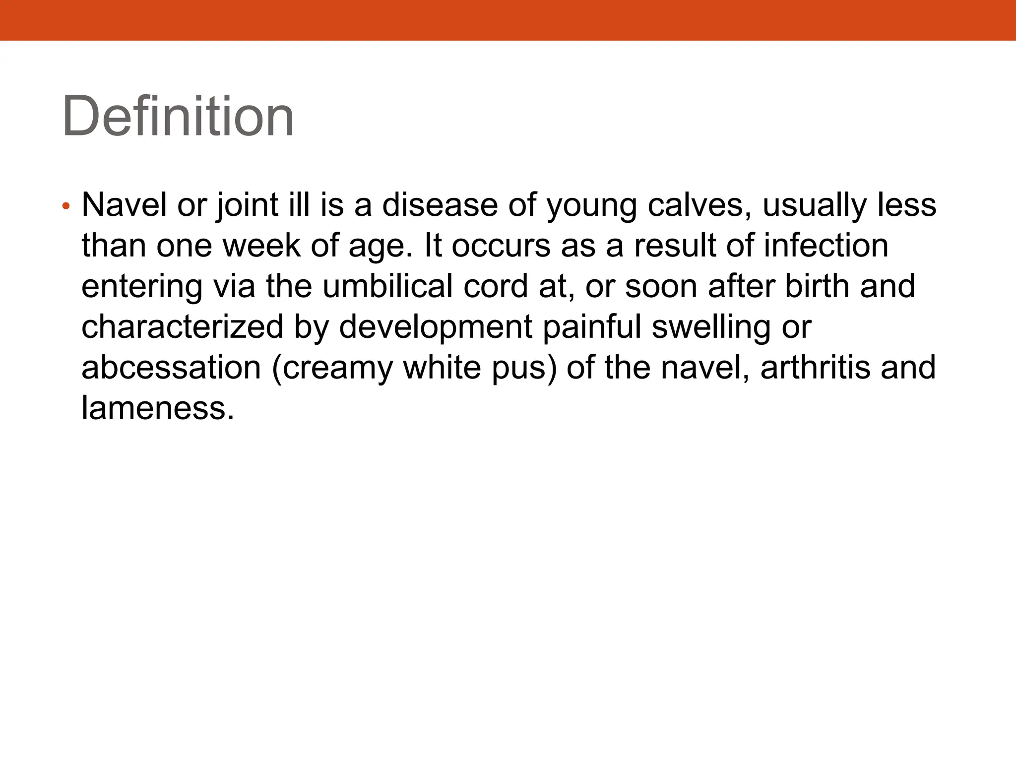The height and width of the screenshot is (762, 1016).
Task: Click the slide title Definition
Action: coord(178,117)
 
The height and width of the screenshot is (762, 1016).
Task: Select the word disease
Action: coord(440,205)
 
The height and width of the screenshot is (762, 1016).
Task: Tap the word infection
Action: coord(826,246)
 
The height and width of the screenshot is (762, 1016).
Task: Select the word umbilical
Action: coord(387,286)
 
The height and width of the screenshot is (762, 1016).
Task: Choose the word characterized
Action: coord(182,327)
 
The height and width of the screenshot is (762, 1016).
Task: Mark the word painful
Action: coord(592,327)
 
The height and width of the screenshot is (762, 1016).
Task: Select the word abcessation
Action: coord(171,368)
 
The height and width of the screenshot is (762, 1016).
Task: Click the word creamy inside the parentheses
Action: coord(332,369)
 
